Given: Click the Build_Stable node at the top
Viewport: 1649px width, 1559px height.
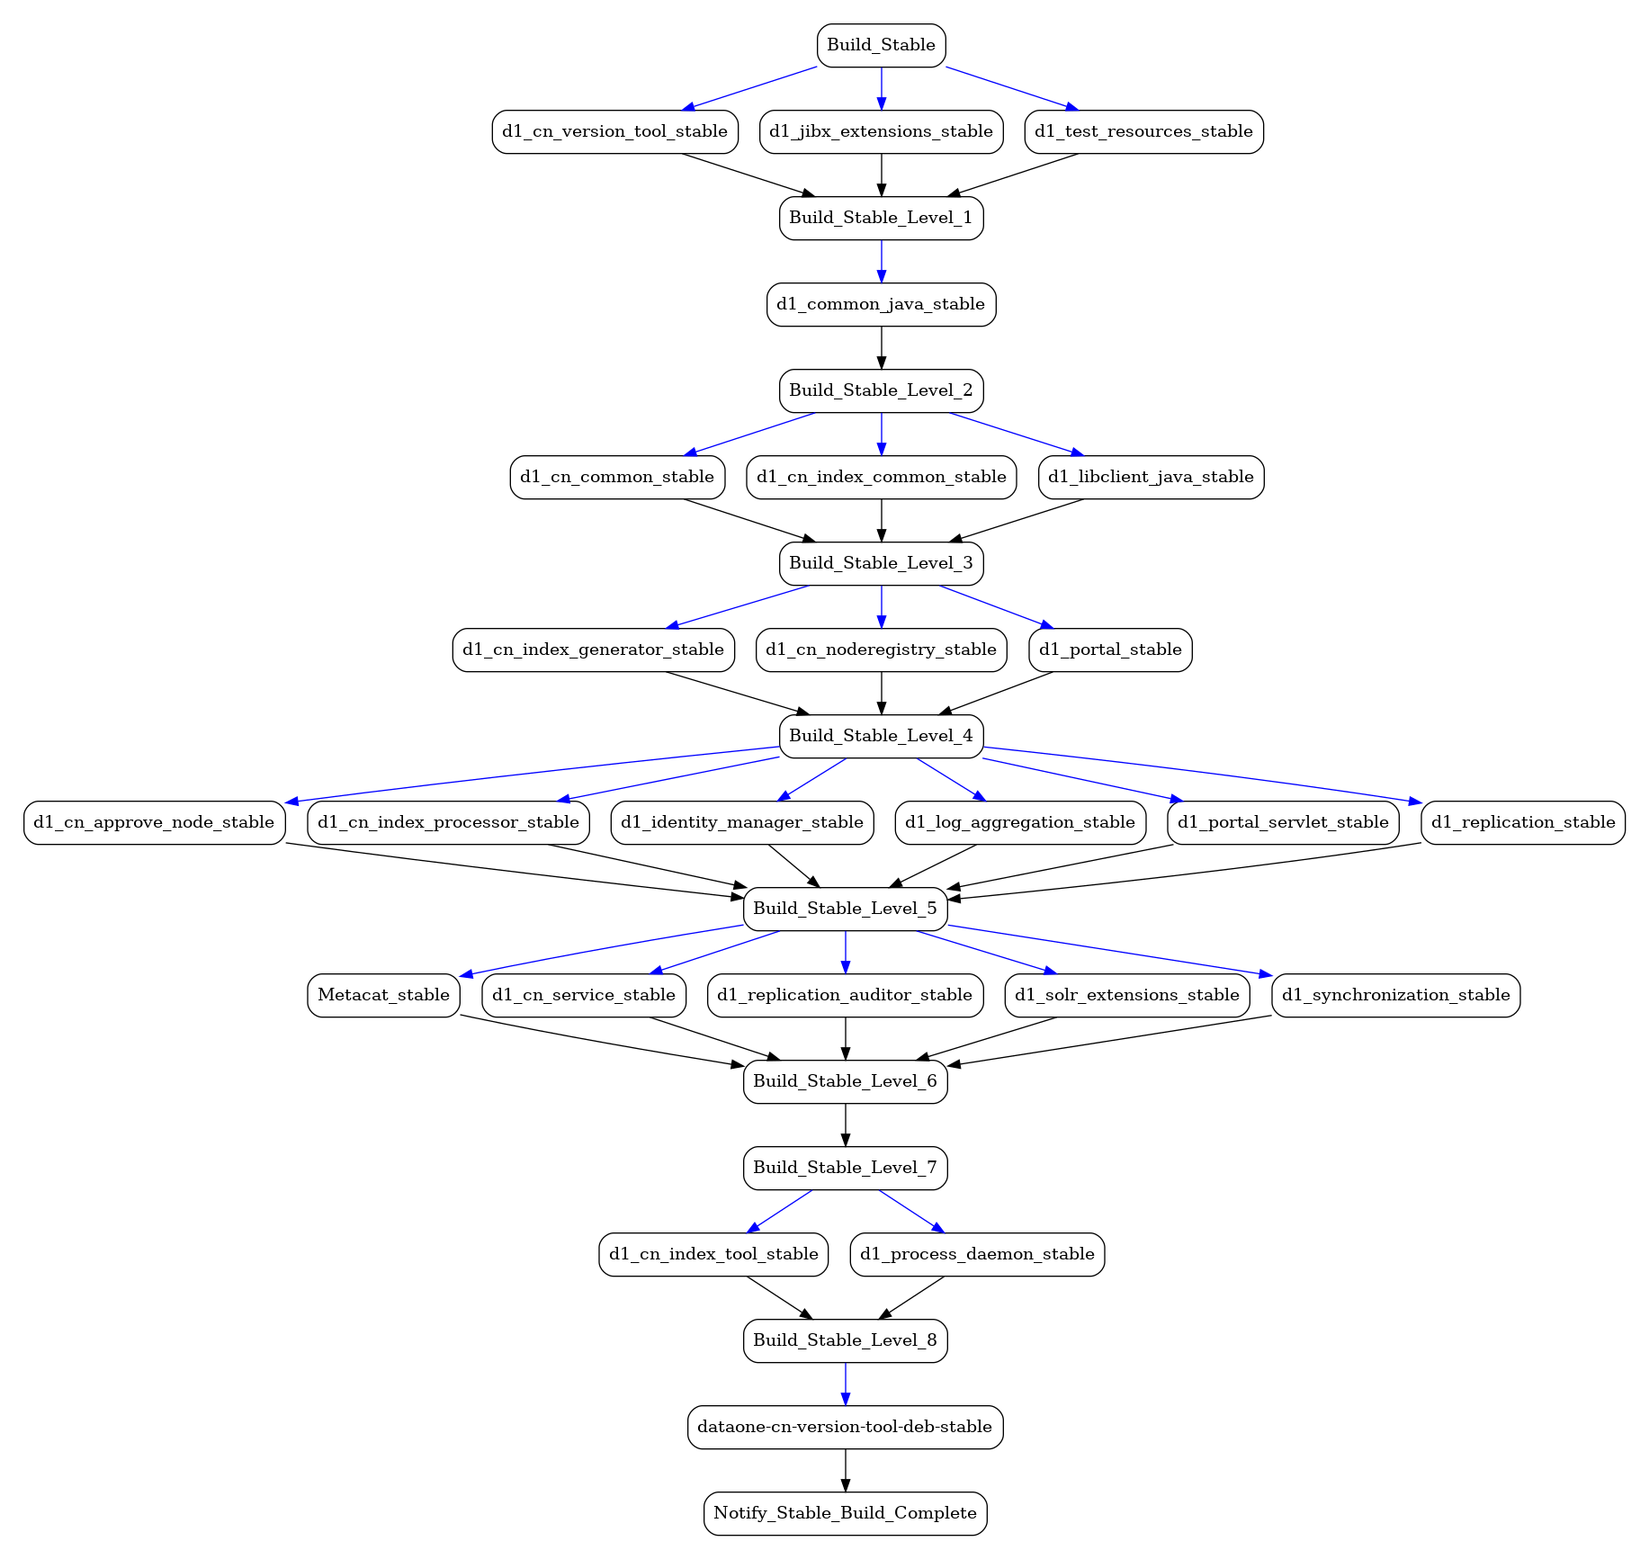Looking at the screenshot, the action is coord(881,45).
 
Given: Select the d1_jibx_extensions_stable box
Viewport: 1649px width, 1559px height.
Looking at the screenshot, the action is coord(881,131).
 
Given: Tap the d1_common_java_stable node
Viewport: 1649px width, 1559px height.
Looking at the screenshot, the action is coord(881,304).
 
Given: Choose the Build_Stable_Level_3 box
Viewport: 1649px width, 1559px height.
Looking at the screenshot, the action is coord(881,563).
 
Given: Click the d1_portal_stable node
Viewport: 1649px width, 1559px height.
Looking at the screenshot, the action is coord(1110,650).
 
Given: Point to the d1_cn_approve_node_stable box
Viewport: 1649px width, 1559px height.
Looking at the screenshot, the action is coord(154,822).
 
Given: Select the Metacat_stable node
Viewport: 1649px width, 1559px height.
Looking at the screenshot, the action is coord(383,995).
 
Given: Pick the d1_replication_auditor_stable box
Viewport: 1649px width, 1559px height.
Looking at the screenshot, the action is coord(845,995).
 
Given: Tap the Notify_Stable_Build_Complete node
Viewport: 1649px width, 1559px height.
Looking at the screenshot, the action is coord(845,1513).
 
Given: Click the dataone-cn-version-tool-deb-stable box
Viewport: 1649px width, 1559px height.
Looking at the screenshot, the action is coord(845,1427).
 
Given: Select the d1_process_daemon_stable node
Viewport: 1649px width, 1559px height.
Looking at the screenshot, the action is coord(977,1254).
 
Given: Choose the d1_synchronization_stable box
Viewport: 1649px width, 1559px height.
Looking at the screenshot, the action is coord(1395,995).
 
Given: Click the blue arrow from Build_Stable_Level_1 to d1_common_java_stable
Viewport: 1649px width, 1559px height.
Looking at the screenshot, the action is coord(881,262).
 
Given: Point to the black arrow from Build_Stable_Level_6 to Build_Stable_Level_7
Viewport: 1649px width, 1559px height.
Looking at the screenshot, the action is coord(845,1125).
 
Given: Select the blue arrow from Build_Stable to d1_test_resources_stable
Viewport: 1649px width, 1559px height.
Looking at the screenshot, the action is coord(1012,88).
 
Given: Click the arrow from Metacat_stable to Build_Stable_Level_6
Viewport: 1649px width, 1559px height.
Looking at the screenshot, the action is coord(602,1041).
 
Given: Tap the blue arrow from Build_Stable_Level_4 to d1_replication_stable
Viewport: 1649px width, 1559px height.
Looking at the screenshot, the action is coord(1202,775).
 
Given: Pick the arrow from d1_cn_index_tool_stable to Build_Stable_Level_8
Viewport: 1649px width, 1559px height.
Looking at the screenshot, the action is coord(780,1298).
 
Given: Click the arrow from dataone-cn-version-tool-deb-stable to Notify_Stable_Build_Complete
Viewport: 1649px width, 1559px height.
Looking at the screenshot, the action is coord(845,1471).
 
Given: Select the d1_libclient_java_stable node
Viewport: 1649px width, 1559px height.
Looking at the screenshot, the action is coord(1151,477).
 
